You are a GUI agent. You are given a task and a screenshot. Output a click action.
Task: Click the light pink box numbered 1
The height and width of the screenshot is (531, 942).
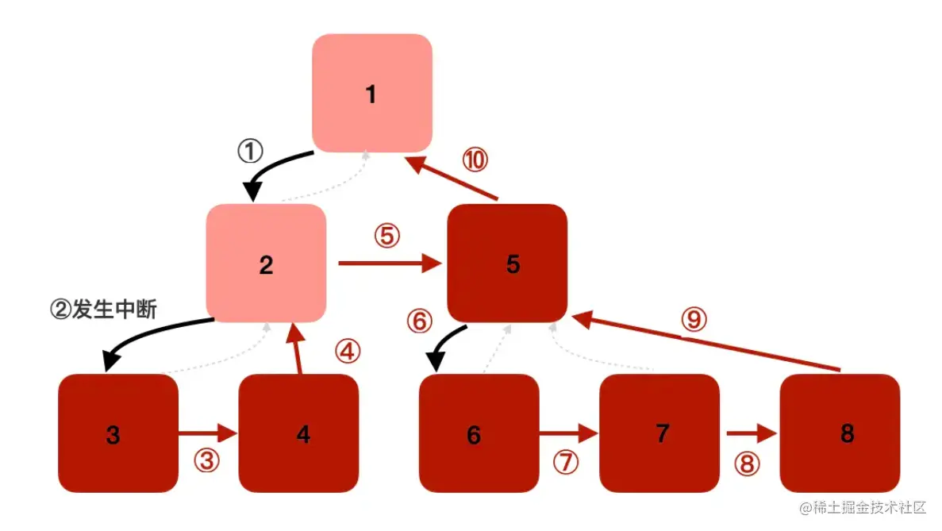pos(371,93)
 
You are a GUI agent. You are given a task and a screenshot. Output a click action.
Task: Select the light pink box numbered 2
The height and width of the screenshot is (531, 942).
pos(266,263)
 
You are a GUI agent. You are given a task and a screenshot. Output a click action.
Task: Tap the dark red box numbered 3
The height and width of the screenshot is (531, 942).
pos(118,433)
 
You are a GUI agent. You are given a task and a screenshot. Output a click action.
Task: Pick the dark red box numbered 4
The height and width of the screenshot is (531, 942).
pos(298,433)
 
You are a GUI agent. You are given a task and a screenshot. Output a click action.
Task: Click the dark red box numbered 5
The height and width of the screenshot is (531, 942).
pos(507,263)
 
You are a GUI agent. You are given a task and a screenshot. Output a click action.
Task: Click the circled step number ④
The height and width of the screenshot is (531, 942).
pos(347,352)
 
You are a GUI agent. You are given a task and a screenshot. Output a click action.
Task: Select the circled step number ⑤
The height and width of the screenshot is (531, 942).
pos(386,236)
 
